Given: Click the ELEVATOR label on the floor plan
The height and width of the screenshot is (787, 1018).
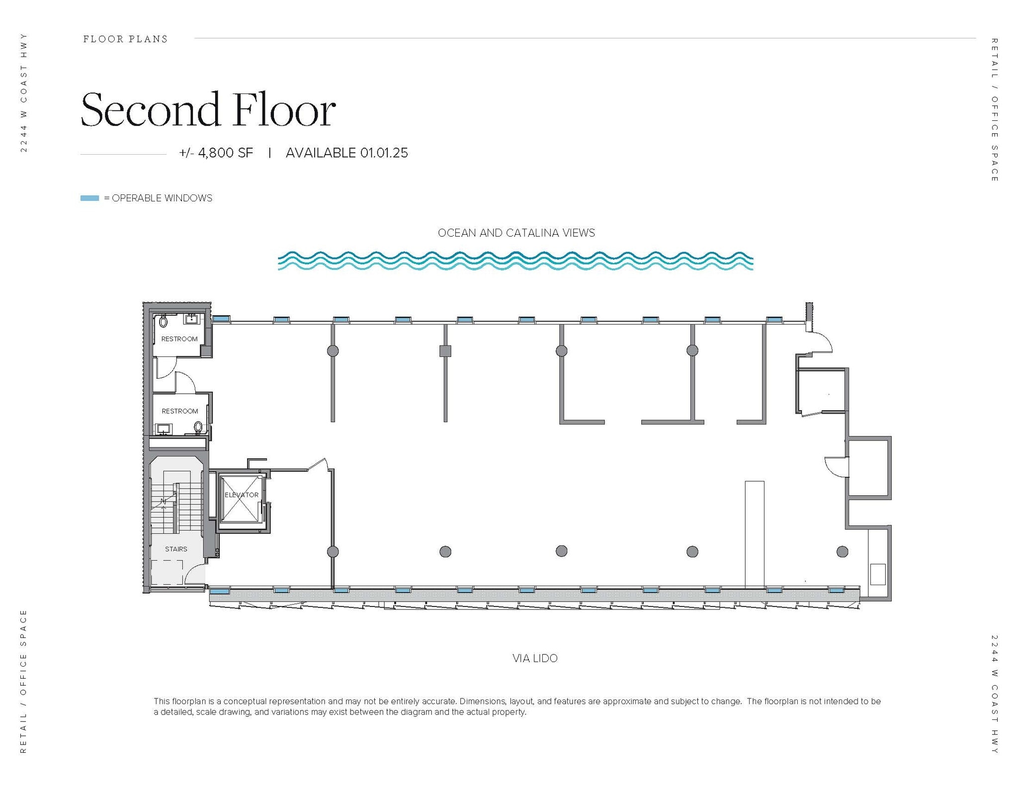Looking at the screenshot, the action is (x=242, y=495).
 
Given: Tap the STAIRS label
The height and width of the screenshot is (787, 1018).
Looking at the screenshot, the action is (x=176, y=549).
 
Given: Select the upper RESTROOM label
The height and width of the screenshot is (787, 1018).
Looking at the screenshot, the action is (x=179, y=339).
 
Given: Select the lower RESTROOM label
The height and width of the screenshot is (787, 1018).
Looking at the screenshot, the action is (x=180, y=411).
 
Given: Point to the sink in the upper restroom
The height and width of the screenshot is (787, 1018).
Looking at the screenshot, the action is (x=192, y=319).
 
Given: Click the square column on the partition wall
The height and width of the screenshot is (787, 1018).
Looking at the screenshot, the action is (x=445, y=351).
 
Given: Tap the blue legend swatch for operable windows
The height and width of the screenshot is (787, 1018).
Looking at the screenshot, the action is (x=90, y=198).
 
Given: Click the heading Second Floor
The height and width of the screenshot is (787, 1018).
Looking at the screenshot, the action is (x=208, y=109).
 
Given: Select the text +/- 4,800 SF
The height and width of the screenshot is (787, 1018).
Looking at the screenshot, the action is (x=216, y=153).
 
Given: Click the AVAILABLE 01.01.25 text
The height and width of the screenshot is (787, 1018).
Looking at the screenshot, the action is (x=347, y=153).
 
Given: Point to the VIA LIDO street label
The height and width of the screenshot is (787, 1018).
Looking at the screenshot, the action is (x=535, y=658).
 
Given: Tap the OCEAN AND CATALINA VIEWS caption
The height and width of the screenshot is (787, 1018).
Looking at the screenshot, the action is (x=516, y=233).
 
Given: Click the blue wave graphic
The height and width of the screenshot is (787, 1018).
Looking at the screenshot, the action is (x=515, y=261).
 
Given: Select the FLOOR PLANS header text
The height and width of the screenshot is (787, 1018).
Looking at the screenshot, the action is (x=125, y=39).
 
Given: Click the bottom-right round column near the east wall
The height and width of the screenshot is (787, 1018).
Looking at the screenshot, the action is (x=843, y=551).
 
